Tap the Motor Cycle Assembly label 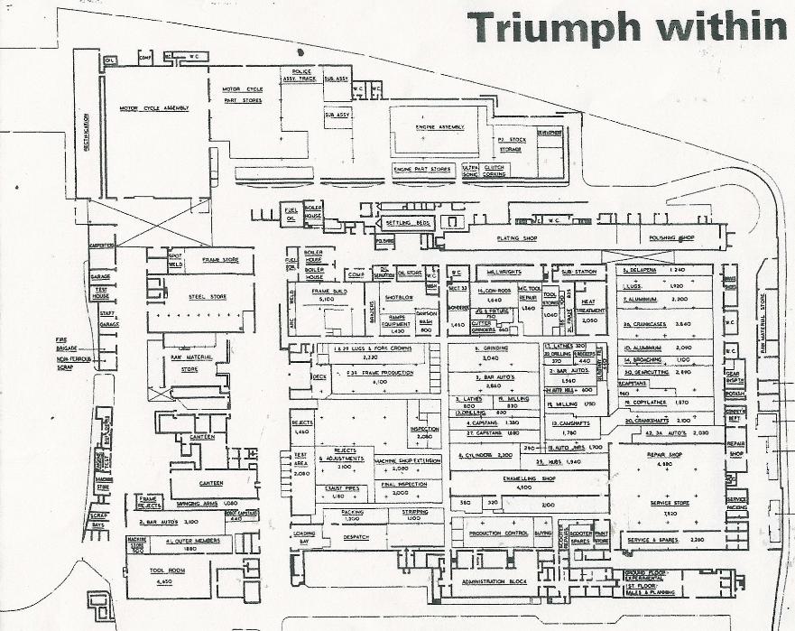pos(154,108)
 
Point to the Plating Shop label pos(517,238)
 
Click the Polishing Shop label pos(671,238)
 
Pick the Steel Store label pos(206,294)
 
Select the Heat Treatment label pos(593,309)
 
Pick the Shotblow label pos(398,297)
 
